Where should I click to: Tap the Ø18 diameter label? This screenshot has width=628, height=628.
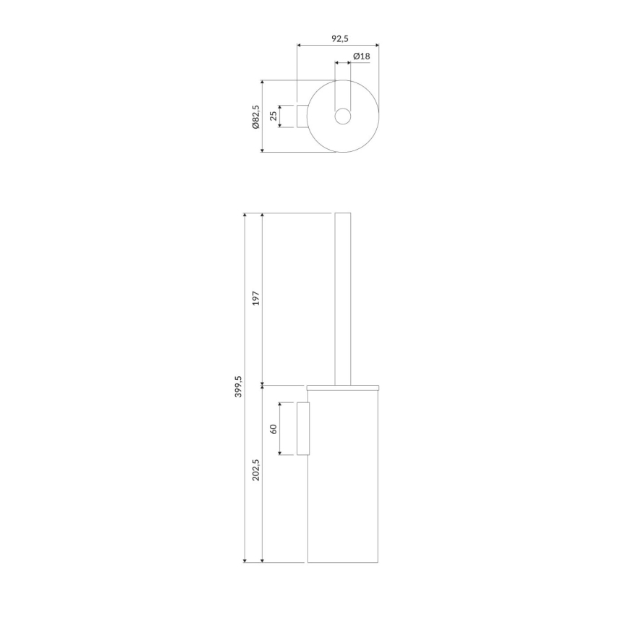(362, 56)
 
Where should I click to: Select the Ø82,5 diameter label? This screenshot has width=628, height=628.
(255, 116)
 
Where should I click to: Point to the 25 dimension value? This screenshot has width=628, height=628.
(274, 116)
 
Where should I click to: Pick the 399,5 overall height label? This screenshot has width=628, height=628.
(238, 387)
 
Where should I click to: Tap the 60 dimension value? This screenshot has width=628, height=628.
(274, 428)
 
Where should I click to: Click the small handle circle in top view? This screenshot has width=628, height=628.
(343, 116)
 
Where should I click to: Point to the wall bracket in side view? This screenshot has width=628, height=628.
(302, 428)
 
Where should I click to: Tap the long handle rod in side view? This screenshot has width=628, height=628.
(343, 297)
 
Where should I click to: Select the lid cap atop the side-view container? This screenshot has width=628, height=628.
(343, 388)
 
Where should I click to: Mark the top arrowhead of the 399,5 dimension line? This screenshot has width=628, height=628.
(245, 216)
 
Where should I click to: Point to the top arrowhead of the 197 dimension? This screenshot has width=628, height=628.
(263, 216)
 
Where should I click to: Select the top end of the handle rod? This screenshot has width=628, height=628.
(343, 213)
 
